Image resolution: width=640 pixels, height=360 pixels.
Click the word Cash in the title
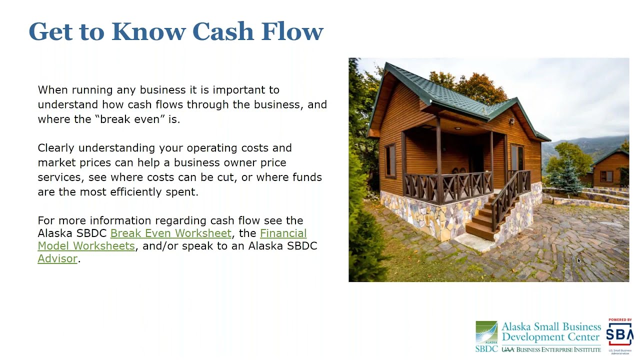click(x=223, y=31)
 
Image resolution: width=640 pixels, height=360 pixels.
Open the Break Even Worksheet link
click(x=171, y=233)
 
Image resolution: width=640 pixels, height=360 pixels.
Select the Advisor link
click(x=57, y=258)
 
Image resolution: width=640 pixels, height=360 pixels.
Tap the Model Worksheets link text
click(x=86, y=246)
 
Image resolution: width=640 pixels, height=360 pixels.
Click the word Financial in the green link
click(x=283, y=233)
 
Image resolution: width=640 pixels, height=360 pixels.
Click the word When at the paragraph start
click(x=53, y=90)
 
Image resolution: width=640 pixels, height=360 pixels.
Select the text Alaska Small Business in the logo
click(x=551, y=326)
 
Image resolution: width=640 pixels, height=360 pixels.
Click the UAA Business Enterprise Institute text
click(x=551, y=349)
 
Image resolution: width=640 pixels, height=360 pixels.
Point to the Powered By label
click(x=620, y=319)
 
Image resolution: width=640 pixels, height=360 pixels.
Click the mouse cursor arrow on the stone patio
click(x=579, y=261)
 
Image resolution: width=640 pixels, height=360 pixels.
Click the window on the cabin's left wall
click(x=390, y=160)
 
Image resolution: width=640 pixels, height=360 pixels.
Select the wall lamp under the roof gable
click(x=511, y=121)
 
